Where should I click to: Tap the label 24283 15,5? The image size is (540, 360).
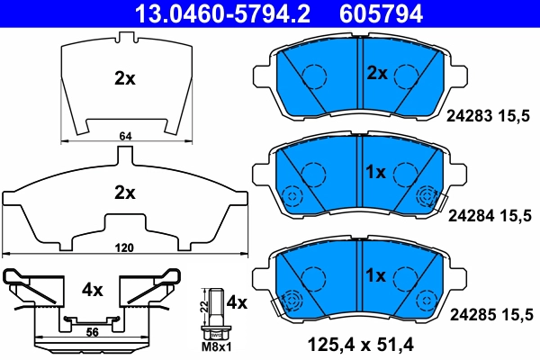(490, 116)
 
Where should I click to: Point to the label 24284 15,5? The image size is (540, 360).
(490, 215)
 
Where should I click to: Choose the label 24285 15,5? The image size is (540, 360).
(490, 314)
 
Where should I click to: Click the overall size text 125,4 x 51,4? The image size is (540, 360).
(362, 343)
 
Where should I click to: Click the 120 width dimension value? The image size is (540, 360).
(124, 247)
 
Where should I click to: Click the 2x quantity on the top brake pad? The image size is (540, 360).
(375, 72)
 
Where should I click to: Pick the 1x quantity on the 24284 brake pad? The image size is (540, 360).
(375, 171)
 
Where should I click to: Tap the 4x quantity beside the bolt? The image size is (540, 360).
(236, 301)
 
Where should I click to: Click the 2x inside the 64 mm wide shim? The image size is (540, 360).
(125, 78)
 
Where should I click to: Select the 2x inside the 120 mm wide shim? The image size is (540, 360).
(124, 192)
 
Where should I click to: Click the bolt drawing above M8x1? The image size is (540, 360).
(216, 310)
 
